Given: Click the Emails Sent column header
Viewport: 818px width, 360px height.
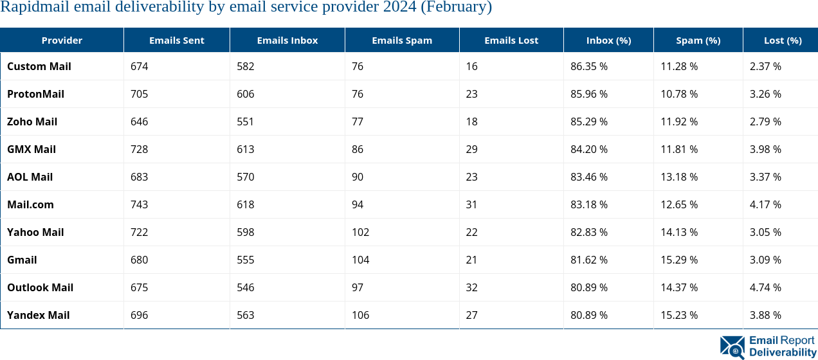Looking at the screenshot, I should tap(176, 40).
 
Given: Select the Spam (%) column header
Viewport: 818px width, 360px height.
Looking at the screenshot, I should tap(698, 40).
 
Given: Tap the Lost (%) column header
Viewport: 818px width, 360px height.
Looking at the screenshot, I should tap(782, 40).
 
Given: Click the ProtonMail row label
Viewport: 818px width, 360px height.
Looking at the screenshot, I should tap(35, 94).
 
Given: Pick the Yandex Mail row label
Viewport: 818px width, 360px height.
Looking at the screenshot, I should tap(38, 315).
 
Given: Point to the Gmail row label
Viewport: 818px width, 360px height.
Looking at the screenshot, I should tap(22, 260).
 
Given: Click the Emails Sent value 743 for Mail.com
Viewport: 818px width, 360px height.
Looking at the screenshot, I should tap(139, 204).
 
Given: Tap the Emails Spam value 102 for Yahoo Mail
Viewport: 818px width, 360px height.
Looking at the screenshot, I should tap(360, 232).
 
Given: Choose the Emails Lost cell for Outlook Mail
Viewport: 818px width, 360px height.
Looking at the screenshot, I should tap(471, 287).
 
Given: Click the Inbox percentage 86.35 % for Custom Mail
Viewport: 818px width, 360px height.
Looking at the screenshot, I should tap(588, 66).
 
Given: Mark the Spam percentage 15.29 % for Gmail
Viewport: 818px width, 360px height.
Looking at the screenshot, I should tap(678, 260).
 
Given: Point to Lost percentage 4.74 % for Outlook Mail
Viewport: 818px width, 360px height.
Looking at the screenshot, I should tap(765, 287).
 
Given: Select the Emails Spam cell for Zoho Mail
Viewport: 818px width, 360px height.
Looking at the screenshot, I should tap(357, 122).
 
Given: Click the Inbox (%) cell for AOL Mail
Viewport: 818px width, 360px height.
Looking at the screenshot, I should tap(588, 177).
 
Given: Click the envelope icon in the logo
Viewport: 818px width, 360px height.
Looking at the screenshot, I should tap(732, 347).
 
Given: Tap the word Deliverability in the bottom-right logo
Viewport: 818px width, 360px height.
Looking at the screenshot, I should tap(782, 352).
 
